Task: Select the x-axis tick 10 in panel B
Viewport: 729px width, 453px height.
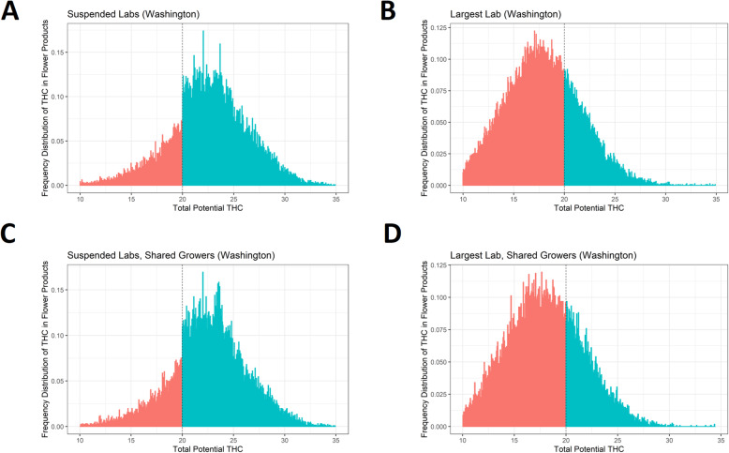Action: (x=464, y=199)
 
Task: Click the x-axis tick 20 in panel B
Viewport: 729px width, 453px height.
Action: (x=564, y=199)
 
